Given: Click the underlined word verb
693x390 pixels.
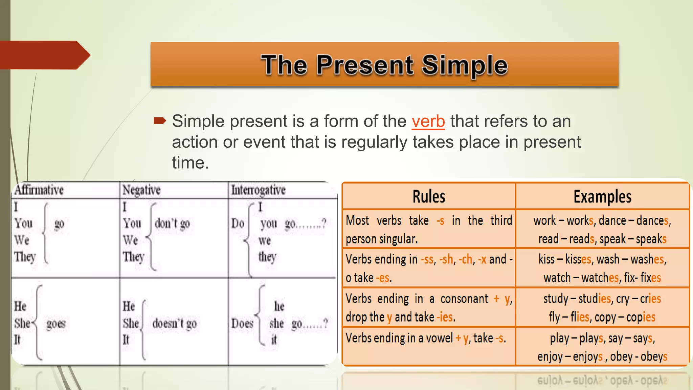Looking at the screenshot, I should coord(428,122).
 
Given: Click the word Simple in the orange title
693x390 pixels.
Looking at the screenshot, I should coord(465,65).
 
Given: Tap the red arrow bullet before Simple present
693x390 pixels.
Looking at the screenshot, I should coord(160,121).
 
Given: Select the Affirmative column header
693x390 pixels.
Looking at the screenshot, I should coord(39,190).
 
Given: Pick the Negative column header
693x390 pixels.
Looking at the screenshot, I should coord(141,190).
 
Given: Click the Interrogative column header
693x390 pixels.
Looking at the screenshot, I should coord(258,190).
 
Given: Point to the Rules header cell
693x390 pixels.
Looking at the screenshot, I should coord(429,197).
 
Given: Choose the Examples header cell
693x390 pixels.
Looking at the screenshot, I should coord(602,197).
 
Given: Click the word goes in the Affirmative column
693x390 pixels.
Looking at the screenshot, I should coord(56,324).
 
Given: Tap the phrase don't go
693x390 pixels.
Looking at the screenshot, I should coord(172,223).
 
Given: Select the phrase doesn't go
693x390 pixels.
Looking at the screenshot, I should coord(174,324).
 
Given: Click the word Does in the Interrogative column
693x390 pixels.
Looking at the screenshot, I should coord(242,324).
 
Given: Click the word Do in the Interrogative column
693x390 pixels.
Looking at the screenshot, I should coord(238,223).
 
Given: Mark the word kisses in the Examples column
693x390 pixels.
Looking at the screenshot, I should coord(578,259).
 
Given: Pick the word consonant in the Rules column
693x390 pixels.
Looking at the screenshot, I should coord(464,299).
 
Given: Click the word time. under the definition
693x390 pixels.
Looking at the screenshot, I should coord(190,163).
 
